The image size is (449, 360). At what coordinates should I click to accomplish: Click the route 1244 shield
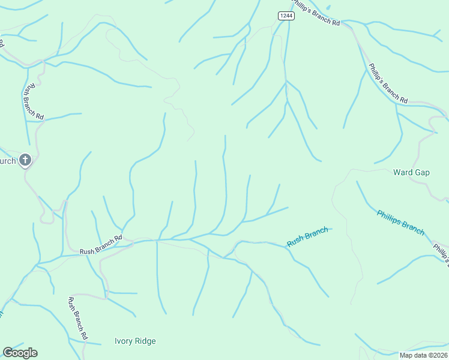point(286,16)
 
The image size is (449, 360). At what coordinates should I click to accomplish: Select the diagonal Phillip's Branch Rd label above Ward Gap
point(388,82)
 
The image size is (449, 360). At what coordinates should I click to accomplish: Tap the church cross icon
point(25,160)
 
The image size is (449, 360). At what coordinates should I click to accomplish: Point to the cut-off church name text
point(7,161)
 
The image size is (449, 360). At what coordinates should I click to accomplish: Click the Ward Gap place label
point(411,172)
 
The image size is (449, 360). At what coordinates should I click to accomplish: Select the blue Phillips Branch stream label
point(400,222)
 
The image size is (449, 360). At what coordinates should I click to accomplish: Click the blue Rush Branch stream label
point(307,236)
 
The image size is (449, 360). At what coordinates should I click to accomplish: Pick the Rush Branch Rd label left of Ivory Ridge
point(78,318)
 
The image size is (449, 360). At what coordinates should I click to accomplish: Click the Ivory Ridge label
point(135,341)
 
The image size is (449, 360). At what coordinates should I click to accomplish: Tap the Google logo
point(20,353)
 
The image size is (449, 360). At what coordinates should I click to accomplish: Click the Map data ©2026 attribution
point(423,355)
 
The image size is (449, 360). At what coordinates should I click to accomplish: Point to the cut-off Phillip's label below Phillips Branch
point(441,252)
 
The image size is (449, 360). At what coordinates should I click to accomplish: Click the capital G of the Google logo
point(7,353)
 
